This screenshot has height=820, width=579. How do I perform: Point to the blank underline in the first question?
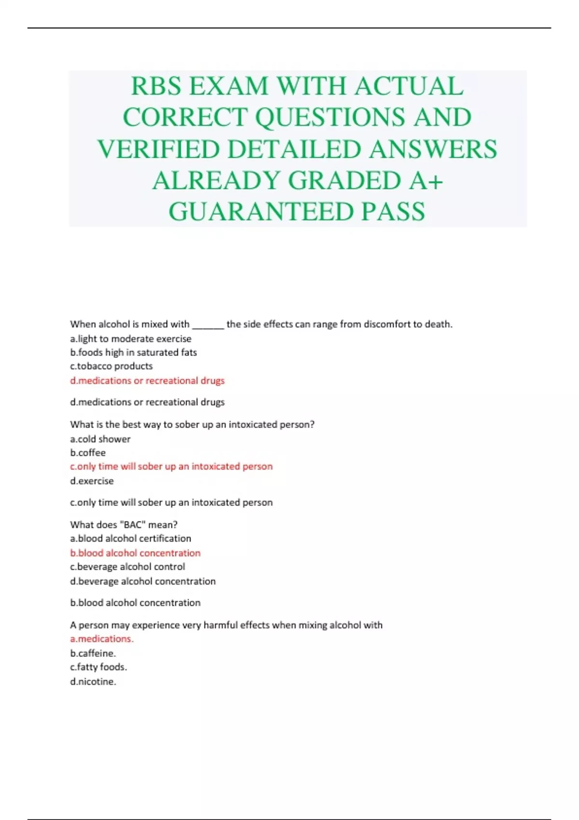(x=208, y=325)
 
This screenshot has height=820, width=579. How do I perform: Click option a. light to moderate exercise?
(x=131, y=339)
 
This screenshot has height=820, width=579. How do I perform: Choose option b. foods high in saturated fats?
(x=134, y=353)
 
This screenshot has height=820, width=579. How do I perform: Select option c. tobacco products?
(x=111, y=366)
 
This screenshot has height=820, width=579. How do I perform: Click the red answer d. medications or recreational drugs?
(x=147, y=381)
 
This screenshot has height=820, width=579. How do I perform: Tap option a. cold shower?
(x=100, y=439)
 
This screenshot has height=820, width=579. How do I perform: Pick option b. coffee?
(x=88, y=453)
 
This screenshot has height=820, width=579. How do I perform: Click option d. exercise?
(x=92, y=481)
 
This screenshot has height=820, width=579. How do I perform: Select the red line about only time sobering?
(x=171, y=466)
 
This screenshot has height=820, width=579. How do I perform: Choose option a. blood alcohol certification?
(x=131, y=538)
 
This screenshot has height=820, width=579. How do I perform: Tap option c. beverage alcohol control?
(x=128, y=567)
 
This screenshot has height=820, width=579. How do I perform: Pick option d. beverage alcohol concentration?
(x=143, y=581)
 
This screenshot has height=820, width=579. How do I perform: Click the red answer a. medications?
(x=102, y=639)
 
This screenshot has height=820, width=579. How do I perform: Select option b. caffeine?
(x=93, y=653)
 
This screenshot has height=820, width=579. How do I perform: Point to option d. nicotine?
(x=93, y=682)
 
